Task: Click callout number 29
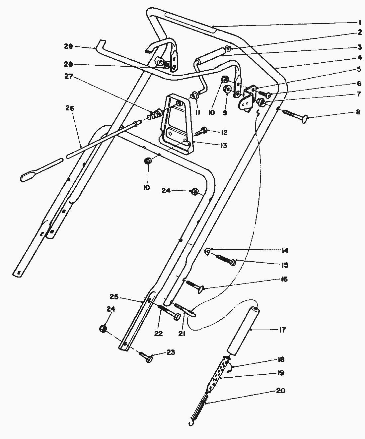click(x=68, y=46)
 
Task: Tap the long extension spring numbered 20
click(x=199, y=406)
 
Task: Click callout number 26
click(x=70, y=108)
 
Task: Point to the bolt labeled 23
click(x=147, y=357)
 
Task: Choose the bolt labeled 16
click(x=195, y=286)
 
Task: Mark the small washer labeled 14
click(x=207, y=252)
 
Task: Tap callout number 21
click(x=182, y=334)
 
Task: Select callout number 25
click(x=114, y=296)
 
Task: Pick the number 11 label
click(x=198, y=112)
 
